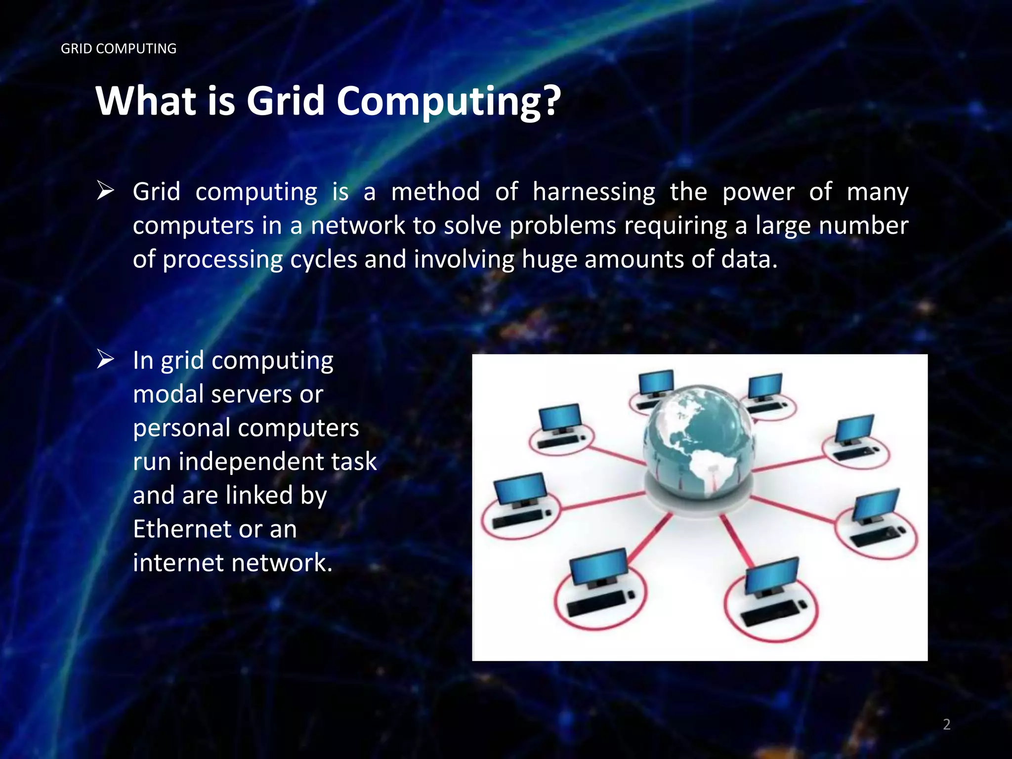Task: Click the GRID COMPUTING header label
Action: pyautogui.click(x=119, y=48)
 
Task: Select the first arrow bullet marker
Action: pyautogui.click(x=105, y=191)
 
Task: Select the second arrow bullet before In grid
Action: pyautogui.click(x=105, y=359)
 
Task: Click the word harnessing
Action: pyautogui.click(x=593, y=192)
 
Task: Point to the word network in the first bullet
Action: pyautogui.click(x=358, y=225)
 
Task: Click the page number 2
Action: pyautogui.click(x=946, y=724)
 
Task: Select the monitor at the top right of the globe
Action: pyautogui.click(x=764, y=385)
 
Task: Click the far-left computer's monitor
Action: pyautogui.click(x=521, y=488)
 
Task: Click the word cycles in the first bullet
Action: pyautogui.click(x=323, y=260)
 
